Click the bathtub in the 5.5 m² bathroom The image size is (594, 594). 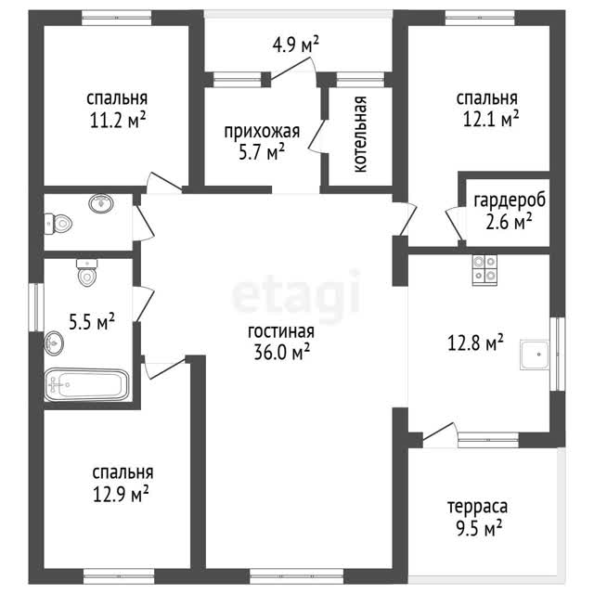[x=86, y=384]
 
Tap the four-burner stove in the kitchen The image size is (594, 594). [x=484, y=270]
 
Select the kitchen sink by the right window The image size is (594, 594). [x=535, y=355]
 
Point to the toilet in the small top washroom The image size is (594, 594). [x=58, y=224]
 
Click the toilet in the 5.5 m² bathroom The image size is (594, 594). [x=87, y=272]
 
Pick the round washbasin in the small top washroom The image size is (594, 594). [x=101, y=203]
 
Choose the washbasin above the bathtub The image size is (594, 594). [x=54, y=343]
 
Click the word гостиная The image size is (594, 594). [x=280, y=331]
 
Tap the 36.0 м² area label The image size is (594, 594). [x=282, y=352]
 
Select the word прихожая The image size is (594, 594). [x=262, y=132]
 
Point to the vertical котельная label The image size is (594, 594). [x=361, y=135]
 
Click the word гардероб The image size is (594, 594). [x=510, y=200]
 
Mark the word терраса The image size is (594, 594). [x=477, y=507]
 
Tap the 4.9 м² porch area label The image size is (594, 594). [x=295, y=45]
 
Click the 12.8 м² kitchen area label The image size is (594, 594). [x=475, y=342]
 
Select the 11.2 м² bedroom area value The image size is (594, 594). [x=118, y=120]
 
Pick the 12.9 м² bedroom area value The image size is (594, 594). [x=121, y=495]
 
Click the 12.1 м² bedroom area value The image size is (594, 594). [x=491, y=119]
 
